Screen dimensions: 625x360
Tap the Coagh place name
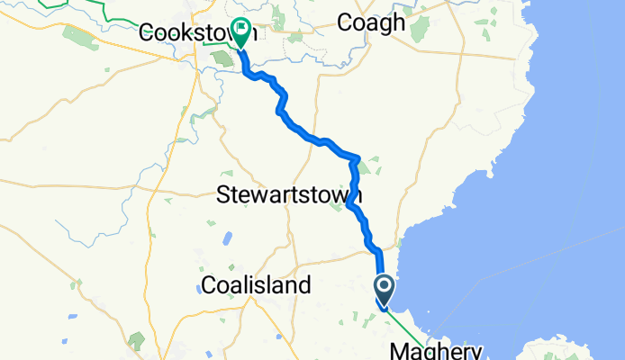tap(370, 22)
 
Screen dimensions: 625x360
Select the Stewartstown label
tap(290, 194)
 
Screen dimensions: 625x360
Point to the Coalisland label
tap(256, 285)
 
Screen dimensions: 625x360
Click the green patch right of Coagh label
tap(419, 28)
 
